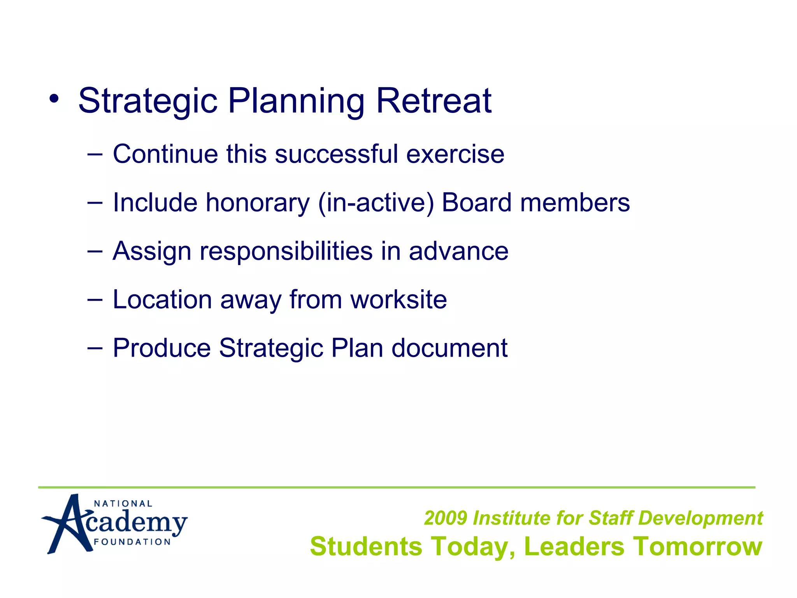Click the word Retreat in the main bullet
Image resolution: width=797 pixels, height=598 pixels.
point(434,101)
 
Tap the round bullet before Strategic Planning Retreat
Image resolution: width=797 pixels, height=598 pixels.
point(54,99)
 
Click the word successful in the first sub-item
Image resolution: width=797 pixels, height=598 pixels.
point(336,154)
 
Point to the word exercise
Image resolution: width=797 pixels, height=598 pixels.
point(455,154)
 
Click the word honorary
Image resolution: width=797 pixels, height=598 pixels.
point(258,203)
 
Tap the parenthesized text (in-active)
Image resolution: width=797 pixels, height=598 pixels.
point(376,203)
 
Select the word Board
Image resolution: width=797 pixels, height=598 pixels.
point(476,202)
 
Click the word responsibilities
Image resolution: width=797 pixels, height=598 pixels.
point(286,252)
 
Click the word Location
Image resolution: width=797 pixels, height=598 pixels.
point(162,299)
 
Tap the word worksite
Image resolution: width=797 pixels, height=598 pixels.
point(398,299)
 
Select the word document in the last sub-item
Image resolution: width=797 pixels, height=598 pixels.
point(449,348)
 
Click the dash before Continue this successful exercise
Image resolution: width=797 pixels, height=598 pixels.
point(95,154)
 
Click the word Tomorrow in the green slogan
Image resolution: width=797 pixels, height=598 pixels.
point(697,546)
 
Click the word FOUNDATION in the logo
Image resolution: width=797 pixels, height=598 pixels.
point(132,542)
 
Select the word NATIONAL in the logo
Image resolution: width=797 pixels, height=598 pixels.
point(123,504)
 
